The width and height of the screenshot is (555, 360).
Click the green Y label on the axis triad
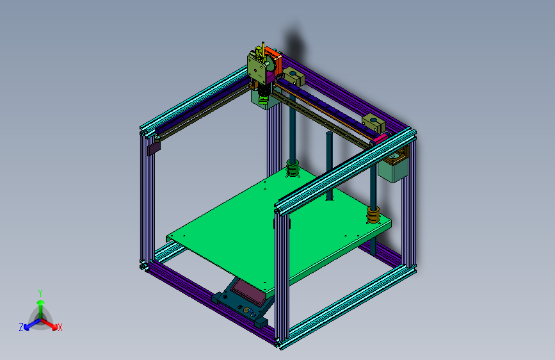pyautogui.click(x=40, y=292)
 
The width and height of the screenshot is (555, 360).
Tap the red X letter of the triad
pyautogui.click(x=60, y=328)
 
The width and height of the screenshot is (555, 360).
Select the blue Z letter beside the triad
pyautogui.click(x=21, y=327)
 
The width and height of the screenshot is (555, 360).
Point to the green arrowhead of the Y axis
pyautogui.click(x=40, y=302)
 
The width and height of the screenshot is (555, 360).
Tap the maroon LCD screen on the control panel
pyautogui.click(x=249, y=292)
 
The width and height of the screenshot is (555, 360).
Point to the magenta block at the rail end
pyautogui.click(x=380, y=136)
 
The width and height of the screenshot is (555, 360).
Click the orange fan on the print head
pyautogui.click(x=274, y=59)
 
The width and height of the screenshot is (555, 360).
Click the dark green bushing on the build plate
pyautogui.click(x=293, y=170)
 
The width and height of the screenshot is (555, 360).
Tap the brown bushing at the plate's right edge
pyautogui.click(x=373, y=215)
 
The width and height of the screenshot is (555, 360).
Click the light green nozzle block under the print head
pyautogui.click(x=263, y=99)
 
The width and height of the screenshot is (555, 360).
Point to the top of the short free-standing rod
pyautogui.click(x=329, y=135)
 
